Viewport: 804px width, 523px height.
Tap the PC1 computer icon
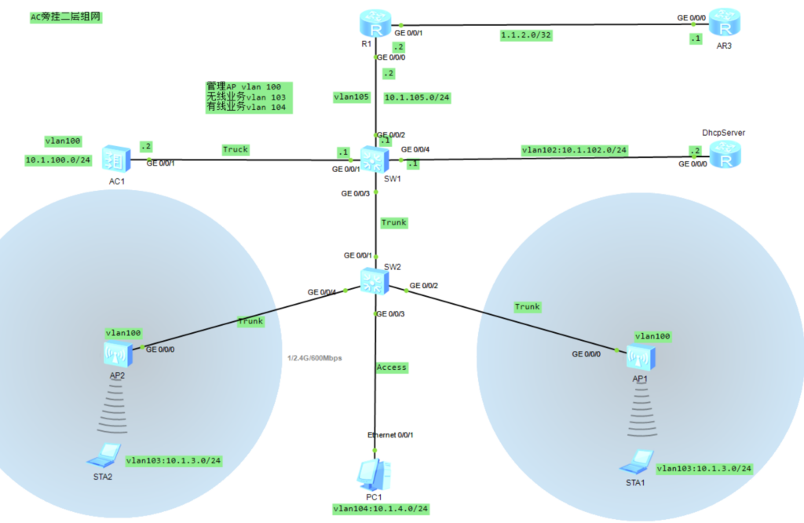[371, 474]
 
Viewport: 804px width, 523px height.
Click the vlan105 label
[351, 97]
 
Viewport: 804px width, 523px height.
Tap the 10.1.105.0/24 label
[418, 98]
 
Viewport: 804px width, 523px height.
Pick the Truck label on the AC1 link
[235, 149]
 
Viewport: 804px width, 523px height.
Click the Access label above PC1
[391, 367]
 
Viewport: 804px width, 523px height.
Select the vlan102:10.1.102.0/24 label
[574, 149]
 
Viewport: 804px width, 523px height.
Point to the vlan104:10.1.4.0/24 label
[380, 509]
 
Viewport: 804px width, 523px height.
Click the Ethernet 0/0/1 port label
[390, 434]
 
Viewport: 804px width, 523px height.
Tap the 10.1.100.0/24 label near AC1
[59, 160]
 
